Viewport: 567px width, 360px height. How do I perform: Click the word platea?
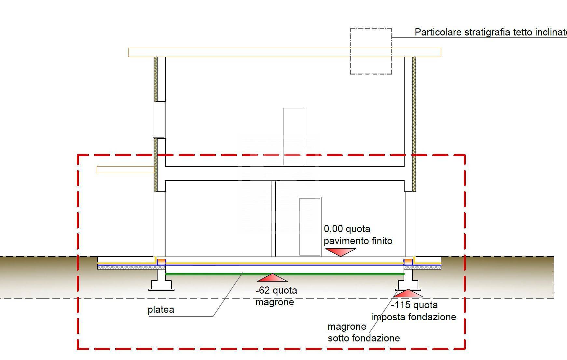click(161, 310)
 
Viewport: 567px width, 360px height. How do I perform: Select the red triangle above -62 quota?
click(272, 278)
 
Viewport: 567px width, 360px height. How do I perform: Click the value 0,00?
click(333, 229)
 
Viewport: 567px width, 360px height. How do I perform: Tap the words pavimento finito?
click(358, 241)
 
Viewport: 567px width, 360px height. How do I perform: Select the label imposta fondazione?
click(413, 317)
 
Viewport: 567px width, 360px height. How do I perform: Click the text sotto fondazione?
click(364, 339)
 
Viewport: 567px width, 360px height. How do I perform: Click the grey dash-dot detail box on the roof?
click(371, 51)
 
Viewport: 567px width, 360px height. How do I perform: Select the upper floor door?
click(293, 136)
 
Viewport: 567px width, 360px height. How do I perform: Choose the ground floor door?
click(310, 227)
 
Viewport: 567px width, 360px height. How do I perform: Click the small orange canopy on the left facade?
click(125, 170)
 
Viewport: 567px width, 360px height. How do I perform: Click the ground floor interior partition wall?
click(273, 218)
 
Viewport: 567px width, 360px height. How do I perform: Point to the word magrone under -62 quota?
click(275, 302)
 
